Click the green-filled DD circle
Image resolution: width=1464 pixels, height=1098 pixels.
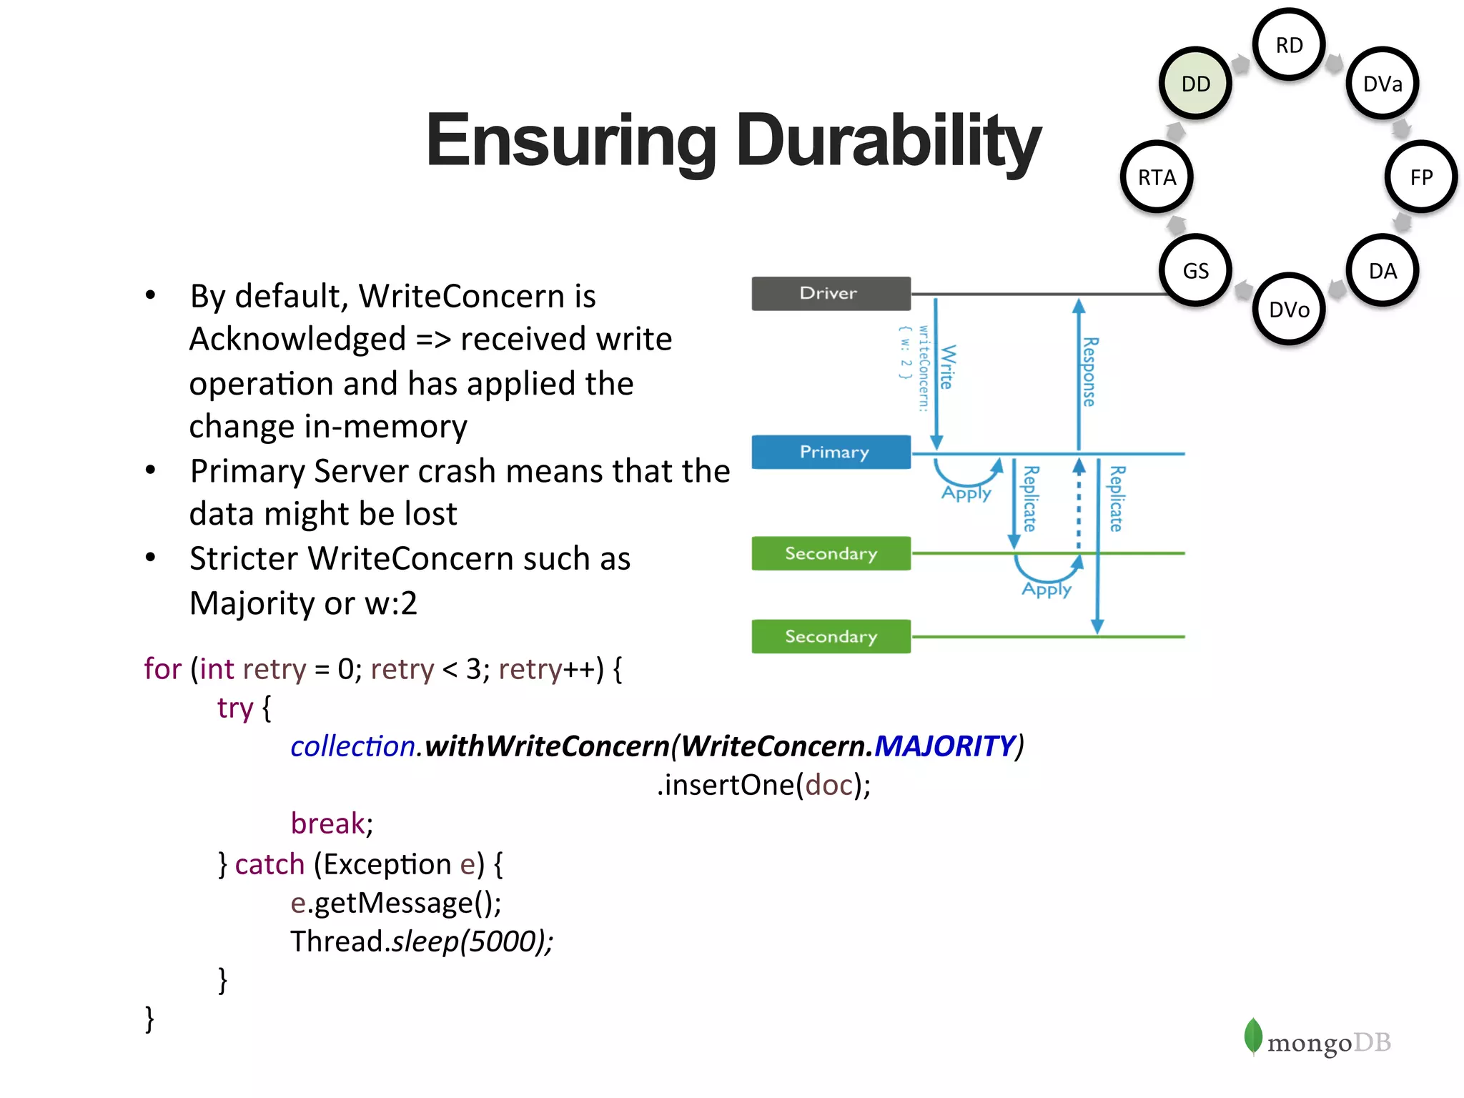click(1195, 84)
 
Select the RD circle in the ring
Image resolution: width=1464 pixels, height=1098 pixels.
click(1289, 45)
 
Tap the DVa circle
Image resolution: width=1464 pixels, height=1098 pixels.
click(1383, 84)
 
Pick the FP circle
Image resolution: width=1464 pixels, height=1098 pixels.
click(1421, 177)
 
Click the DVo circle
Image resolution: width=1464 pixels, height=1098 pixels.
click(1289, 310)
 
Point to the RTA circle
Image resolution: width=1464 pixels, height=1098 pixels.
click(1157, 177)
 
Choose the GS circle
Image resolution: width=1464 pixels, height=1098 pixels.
click(1195, 271)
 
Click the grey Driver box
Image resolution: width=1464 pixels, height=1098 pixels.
click(831, 293)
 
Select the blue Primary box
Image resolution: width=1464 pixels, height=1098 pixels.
click(831, 452)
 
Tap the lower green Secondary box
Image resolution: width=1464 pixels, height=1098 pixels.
click(831, 636)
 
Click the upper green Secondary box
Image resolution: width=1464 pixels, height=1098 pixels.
click(831, 553)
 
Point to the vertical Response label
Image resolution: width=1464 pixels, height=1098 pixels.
click(1089, 372)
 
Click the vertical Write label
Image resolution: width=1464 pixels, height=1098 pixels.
click(947, 367)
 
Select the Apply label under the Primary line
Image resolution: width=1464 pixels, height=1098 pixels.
click(966, 493)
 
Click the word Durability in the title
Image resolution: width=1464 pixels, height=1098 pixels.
click(888, 141)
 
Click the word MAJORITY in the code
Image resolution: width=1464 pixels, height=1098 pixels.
click(944, 746)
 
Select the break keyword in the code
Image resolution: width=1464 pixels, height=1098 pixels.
click(327, 823)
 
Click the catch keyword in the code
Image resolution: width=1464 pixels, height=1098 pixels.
click(269, 864)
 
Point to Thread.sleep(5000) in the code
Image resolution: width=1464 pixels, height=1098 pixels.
click(421, 941)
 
